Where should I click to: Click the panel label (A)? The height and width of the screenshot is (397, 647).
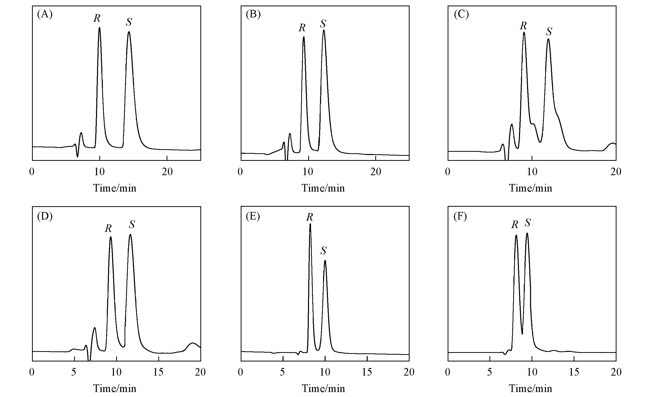pos(45,14)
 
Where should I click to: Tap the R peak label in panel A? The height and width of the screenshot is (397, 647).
pos(97,18)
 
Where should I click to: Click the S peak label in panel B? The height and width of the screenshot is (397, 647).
pos(323,24)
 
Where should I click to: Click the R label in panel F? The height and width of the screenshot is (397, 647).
pos(514,225)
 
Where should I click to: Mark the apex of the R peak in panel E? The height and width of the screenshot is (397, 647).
pos(310,224)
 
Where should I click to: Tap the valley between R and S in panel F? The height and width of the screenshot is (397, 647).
pos(522,334)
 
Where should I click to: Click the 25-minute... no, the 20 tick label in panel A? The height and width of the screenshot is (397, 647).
pos(167,172)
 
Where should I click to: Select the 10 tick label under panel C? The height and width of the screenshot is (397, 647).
pos(532,172)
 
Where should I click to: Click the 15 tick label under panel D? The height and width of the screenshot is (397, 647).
pos(158,372)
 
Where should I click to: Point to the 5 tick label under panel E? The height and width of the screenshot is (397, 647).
pos(283,372)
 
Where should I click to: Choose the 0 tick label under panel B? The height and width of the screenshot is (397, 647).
pos(240,172)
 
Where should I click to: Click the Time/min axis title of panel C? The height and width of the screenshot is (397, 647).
pos(530,188)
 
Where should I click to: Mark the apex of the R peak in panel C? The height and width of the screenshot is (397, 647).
pos(524,33)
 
